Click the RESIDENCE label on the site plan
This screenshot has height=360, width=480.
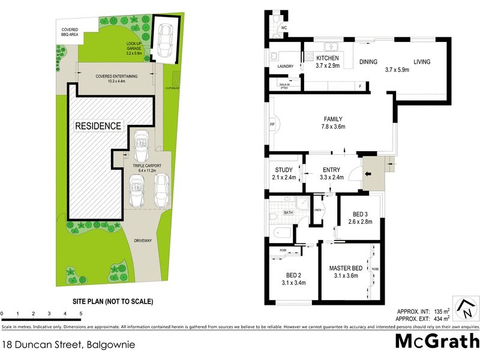pyautogui.click(x=98, y=126)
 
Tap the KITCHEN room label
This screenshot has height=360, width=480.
pyautogui.click(x=328, y=58)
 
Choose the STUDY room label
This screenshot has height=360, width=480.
pyautogui.click(x=280, y=170)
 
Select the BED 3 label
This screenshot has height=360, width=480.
pyautogui.click(x=360, y=214)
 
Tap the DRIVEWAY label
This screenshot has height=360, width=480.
pyautogui.click(x=143, y=241)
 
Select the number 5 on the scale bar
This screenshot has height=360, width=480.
pyautogui.click(x=80, y=313)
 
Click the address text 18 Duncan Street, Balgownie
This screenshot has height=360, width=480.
pyautogui.click(x=68, y=346)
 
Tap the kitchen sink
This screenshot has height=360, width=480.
pyautogui.click(x=330, y=46)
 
